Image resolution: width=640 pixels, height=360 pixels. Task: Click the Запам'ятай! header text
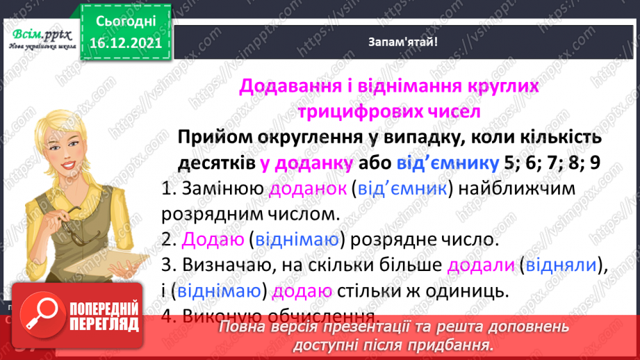tap(403, 42)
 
